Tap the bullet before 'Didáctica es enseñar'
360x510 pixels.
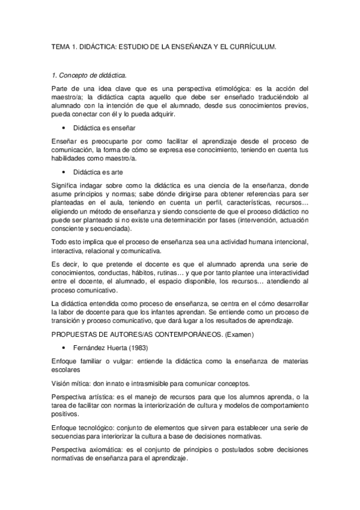tap(64, 128)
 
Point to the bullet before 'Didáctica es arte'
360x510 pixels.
tap(64, 172)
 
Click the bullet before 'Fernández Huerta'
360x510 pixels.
tap(64, 348)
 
